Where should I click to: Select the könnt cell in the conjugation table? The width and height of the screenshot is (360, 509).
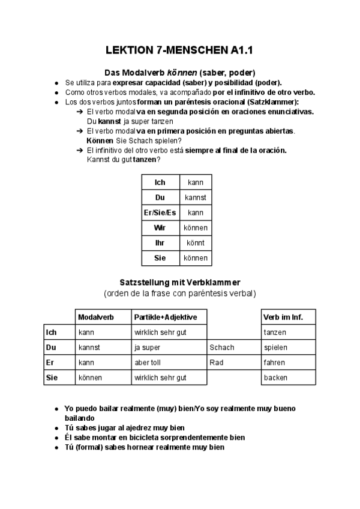[196, 243]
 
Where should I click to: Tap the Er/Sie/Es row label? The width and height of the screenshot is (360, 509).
[160, 212]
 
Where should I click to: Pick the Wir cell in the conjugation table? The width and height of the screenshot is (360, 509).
[160, 228]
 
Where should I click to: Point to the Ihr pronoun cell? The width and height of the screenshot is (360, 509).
[160, 243]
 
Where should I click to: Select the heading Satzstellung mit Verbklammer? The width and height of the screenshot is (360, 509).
[180, 282]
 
